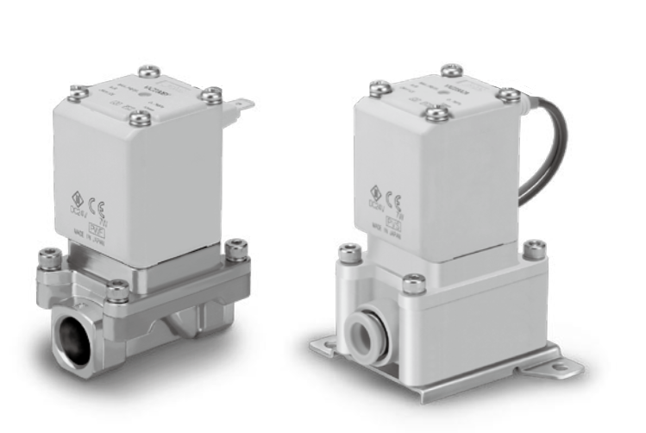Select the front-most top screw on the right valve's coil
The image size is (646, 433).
point(437,110)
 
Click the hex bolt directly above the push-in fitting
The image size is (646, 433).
point(416,282)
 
